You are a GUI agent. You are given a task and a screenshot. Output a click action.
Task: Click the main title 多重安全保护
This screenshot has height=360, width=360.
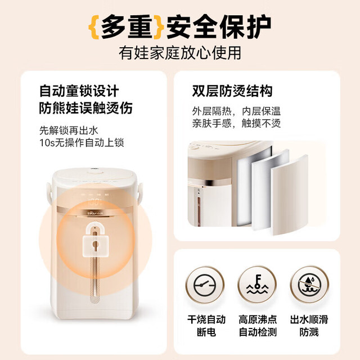(x=180, y=27)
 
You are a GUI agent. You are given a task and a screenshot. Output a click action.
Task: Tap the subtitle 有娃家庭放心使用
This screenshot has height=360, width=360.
(x=180, y=53)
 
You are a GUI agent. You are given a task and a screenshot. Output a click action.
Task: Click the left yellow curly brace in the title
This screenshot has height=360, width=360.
(x=94, y=27)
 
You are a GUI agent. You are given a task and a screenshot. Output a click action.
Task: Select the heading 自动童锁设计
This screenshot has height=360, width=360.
(x=79, y=91)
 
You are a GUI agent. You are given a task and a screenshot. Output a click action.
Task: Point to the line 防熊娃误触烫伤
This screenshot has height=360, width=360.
(x=85, y=108)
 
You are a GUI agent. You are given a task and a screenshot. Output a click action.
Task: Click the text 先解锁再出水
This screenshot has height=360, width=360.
(x=69, y=130)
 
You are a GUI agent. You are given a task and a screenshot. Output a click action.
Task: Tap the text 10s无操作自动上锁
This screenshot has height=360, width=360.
(x=82, y=142)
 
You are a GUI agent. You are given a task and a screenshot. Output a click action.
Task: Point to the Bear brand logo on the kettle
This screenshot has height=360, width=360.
(x=95, y=213)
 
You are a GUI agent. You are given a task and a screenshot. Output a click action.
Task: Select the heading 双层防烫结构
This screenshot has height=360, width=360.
(x=232, y=91)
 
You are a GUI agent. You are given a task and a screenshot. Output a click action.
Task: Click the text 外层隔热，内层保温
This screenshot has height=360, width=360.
(x=236, y=111)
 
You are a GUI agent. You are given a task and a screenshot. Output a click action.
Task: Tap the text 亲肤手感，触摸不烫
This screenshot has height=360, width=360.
(x=236, y=123)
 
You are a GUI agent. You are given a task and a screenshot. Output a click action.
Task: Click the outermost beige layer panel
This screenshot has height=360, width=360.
(x=290, y=195)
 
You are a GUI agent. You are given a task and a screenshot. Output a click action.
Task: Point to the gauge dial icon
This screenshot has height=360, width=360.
(x=205, y=285)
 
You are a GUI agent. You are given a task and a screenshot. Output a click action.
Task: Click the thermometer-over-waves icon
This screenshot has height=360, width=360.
(x=257, y=285)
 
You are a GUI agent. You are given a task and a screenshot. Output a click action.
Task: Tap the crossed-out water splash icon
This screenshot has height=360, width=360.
(x=309, y=285)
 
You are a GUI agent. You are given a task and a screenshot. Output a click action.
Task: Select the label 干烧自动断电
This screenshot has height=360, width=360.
(x=206, y=326)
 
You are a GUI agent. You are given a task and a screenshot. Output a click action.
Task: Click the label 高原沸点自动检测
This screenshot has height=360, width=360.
(x=258, y=326)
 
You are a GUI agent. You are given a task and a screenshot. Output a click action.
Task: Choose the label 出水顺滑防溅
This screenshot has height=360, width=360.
(x=309, y=326)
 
